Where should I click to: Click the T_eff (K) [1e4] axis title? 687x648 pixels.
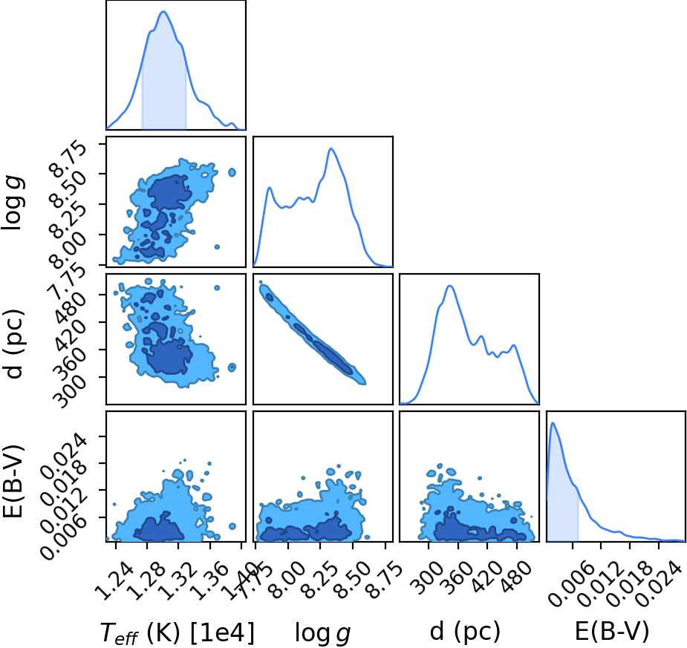coord(177,632)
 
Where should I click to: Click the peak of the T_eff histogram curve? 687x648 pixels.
coord(163,11)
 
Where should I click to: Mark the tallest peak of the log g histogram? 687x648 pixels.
coord(331,148)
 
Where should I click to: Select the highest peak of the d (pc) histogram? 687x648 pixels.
coord(449,286)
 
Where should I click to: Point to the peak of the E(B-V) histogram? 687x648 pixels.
coord(553,422)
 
